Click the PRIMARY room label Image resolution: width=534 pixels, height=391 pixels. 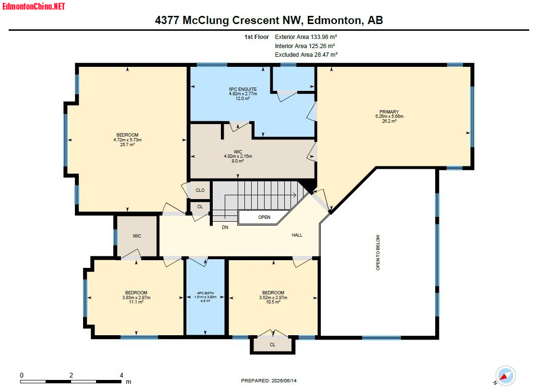[x=389, y=112]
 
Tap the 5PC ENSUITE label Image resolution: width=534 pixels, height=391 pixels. [x=243, y=89]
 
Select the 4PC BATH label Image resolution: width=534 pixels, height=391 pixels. [x=206, y=293]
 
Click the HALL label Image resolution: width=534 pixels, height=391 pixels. [x=297, y=235]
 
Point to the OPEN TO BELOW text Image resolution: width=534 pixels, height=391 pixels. [x=377, y=252]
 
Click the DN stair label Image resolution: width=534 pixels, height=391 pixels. [x=225, y=227]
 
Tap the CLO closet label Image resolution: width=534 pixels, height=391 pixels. [x=200, y=190]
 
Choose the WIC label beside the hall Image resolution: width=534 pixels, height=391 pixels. [x=137, y=236]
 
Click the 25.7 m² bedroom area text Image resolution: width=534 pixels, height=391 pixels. [x=127, y=144]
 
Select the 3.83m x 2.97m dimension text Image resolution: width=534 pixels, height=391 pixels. [x=136, y=297]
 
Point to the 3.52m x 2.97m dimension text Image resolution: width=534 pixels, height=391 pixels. [x=273, y=297]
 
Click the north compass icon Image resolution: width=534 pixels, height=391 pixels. [x=505, y=376]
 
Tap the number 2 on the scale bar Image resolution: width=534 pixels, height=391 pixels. [x=71, y=375]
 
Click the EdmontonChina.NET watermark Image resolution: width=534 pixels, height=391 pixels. [x=34, y=6]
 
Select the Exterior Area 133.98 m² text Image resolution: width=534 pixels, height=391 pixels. [x=306, y=37]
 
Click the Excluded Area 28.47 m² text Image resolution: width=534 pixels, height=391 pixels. [x=306, y=55]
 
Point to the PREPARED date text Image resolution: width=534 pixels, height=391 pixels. [x=269, y=380]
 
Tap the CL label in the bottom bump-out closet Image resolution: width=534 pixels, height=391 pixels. [x=272, y=345]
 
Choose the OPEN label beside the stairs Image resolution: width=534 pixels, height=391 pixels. [x=264, y=217]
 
